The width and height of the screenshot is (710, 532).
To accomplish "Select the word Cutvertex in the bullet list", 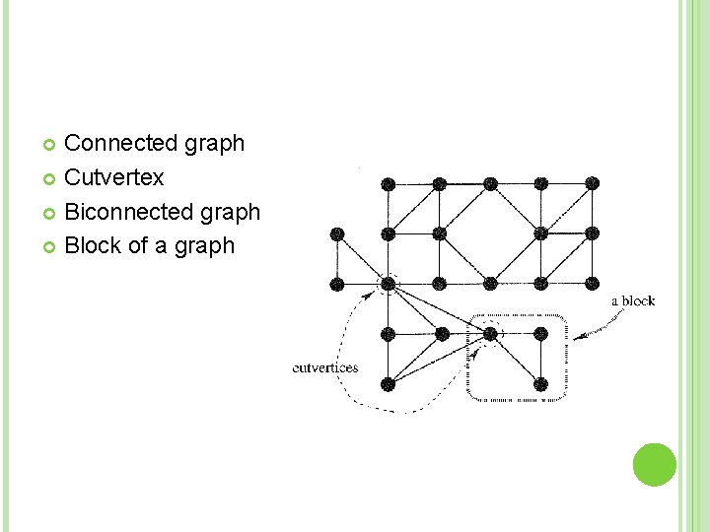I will click(113, 178).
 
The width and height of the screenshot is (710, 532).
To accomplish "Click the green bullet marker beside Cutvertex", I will click(51, 179).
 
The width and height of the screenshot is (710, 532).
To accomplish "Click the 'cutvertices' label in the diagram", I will click(325, 368).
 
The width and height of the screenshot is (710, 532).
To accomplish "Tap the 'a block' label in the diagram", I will click(633, 300).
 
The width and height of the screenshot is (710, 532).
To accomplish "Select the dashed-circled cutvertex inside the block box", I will click(490, 334).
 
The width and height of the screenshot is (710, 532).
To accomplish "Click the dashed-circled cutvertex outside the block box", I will click(389, 284).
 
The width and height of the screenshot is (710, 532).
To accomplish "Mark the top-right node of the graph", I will click(592, 183).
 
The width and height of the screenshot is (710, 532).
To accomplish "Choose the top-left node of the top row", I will click(389, 183).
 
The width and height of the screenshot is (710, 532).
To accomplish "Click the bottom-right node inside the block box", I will click(541, 383).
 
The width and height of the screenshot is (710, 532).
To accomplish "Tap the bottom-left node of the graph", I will click(389, 383).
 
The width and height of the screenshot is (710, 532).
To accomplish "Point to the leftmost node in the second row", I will click(337, 233).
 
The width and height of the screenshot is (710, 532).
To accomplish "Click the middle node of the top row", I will click(490, 183).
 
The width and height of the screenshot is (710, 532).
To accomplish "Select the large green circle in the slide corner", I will click(655, 464).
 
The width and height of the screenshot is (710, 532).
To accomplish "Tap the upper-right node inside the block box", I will click(541, 334).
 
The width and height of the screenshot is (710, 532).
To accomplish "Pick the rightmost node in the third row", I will click(592, 284).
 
